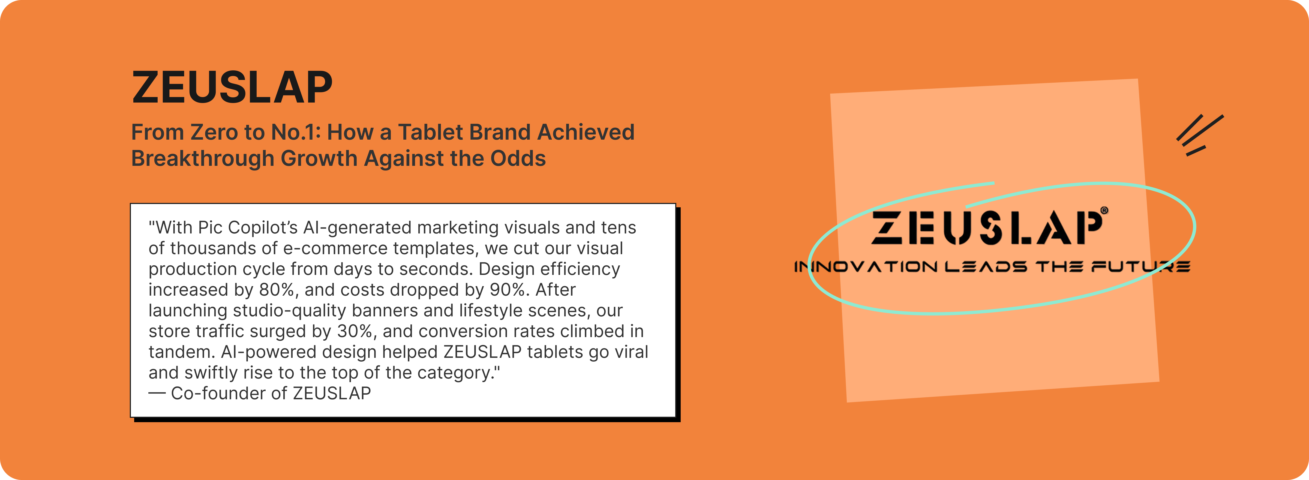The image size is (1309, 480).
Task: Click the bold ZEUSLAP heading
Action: click(x=232, y=87)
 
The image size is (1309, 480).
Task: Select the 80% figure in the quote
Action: click(x=277, y=290)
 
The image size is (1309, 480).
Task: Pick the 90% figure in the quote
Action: click(x=508, y=290)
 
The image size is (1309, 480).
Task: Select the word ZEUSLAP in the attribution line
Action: click(x=332, y=394)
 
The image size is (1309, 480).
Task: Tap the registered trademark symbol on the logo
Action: click(x=1104, y=210)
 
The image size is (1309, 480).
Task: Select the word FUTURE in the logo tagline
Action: click(x=1141, y=267)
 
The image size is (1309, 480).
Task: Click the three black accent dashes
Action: click(x=1199, y=135)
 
